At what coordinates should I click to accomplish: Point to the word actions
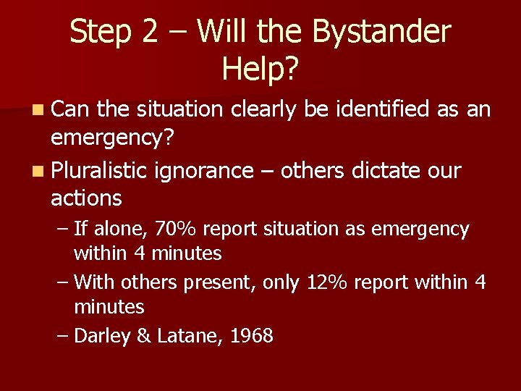tap(86, 198)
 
